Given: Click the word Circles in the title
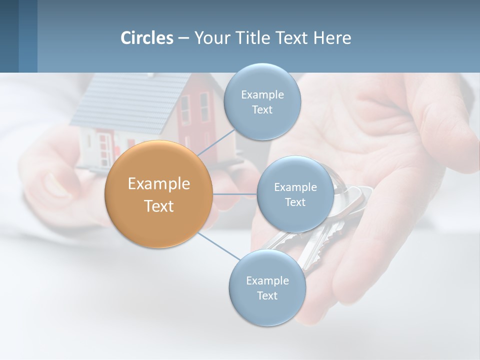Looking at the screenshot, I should pyautogui.click(x=146, y=38).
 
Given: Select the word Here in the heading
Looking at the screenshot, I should pyautogui.click(x=332, y=38).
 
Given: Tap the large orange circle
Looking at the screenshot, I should pyautogui.click(x=158, y=194).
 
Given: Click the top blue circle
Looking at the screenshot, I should pyautogui.click(x=262, y=102).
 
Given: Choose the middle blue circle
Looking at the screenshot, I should pyautogui.click(x=295, y=194).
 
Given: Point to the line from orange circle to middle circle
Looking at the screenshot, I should pyautogui.click(x=234, y=193).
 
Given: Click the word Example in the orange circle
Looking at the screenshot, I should pyautogui.click(x=158, y=184).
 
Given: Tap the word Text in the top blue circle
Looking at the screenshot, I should pyautogui.click(x=262, y=110).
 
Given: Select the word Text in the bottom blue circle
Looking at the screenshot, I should pyautogui.click(x=267, y=296).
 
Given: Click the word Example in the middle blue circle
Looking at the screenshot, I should pyautogui.click(x=295, y=187).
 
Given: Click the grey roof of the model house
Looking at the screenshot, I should pyautogui.click(x=125, y=102).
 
